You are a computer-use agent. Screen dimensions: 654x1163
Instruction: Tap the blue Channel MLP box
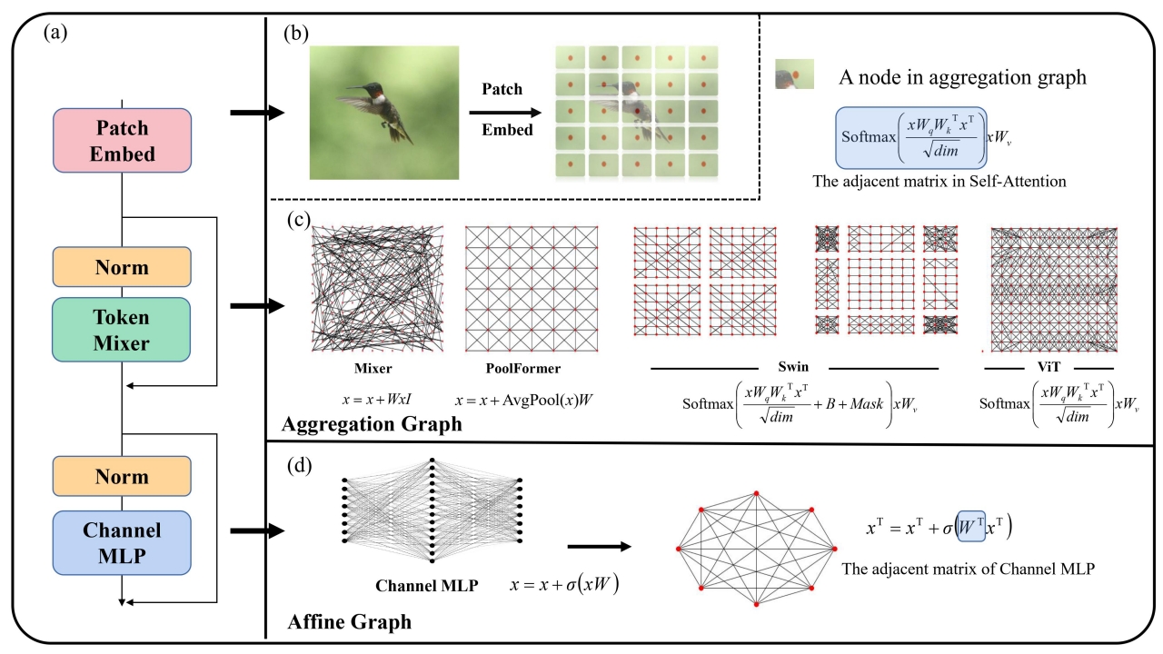tap(123, 543)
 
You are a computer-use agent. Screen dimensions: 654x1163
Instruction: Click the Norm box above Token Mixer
tap(123, 269)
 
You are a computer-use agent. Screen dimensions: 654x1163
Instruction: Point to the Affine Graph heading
tap(349, 623)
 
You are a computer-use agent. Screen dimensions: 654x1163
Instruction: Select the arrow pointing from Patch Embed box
tap(257, 113)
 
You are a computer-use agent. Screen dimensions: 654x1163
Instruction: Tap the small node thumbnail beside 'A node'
tap(793, 74)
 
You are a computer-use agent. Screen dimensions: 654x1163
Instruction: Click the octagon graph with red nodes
tap(756, 549)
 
